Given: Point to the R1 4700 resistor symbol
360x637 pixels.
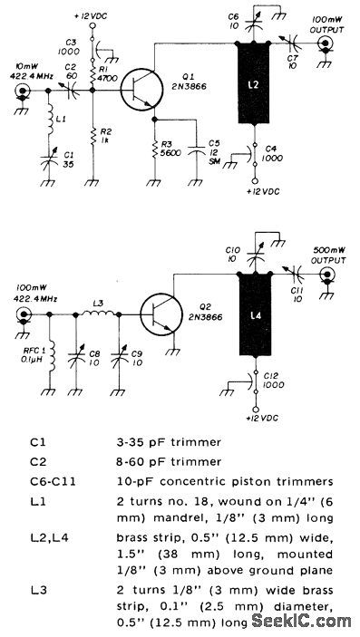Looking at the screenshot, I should [x=95, y=75].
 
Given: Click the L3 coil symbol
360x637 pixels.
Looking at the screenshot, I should [x=97, y=314].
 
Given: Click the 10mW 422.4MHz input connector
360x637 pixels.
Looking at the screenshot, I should [x=20, y=92].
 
